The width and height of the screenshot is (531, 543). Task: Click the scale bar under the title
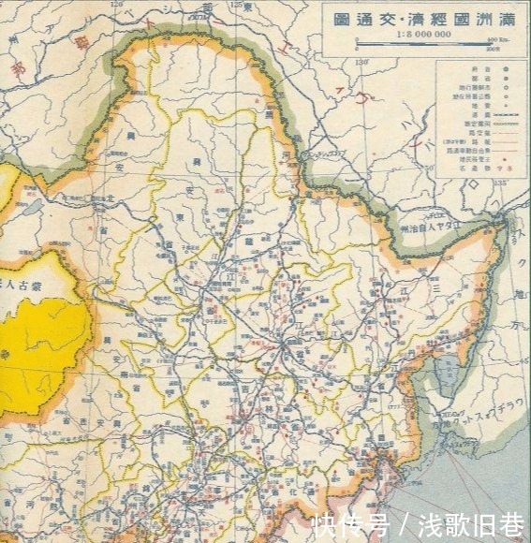click(423, 44)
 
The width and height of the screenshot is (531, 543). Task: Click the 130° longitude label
click(362, 64)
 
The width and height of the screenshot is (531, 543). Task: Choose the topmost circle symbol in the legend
click(506, 69)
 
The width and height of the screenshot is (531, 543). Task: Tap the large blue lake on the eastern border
click(446, 384)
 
